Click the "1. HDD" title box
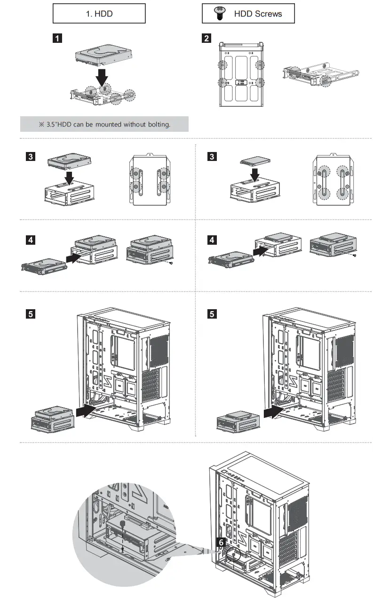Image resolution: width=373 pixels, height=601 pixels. click(99, 14)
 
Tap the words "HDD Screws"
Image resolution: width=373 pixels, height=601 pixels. click(258, 14)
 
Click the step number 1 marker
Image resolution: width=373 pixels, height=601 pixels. click(57, 39)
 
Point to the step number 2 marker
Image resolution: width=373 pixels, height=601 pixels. click(206, 39)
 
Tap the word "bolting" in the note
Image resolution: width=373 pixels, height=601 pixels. click(158, 124)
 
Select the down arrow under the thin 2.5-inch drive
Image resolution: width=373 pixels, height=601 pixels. click(254, 175)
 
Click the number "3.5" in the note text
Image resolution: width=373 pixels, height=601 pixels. click(52, 124)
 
